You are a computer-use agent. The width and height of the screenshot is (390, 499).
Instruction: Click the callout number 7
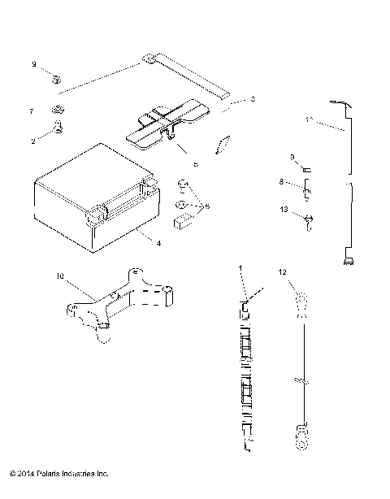(x=32, y=110)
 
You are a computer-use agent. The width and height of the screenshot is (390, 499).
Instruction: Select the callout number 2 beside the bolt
(x=32, y=141)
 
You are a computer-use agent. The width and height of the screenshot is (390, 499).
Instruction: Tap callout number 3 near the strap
(x=253, y=99)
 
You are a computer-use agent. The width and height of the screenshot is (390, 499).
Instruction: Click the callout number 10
(x=60, y=276)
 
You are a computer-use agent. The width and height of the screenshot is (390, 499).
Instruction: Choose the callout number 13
(x=284, y=210)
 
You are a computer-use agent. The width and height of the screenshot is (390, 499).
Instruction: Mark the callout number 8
(x=282, y=183)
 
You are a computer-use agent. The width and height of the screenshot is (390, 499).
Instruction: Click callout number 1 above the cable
(x=240, y=267)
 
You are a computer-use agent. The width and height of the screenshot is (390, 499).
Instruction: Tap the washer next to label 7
(x=58, y=110)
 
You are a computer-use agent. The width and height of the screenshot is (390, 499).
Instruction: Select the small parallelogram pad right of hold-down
(x=219, y=145)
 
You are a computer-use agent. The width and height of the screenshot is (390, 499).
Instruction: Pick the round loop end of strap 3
(x=150, y=58)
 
